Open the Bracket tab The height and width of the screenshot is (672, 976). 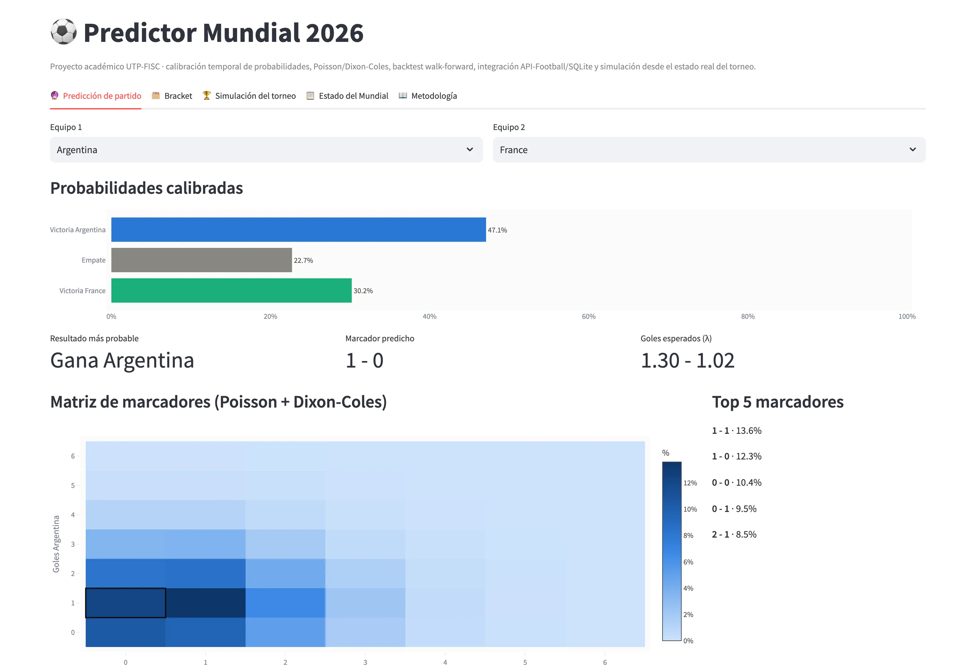click(x=172, y=96)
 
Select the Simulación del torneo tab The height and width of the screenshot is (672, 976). click(x=249, y=96)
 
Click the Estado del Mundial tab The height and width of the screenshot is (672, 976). click(x=347, y=96)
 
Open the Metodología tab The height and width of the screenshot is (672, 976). click(x=428, y=96)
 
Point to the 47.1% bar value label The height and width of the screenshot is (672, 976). click(x=497, y=230)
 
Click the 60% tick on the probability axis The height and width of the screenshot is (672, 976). click(x=589, y=316)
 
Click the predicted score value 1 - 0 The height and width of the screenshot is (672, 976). click(x=364, y=360)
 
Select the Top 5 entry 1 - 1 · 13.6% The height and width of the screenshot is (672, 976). click(x=737, y=430)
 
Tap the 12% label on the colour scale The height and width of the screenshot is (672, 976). click(x=690, y=483)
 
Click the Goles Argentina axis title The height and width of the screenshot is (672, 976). click(x=56, y=544)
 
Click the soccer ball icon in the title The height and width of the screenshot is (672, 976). click(x=64, y=32)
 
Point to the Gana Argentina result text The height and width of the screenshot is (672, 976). click(x=122, y=360)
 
